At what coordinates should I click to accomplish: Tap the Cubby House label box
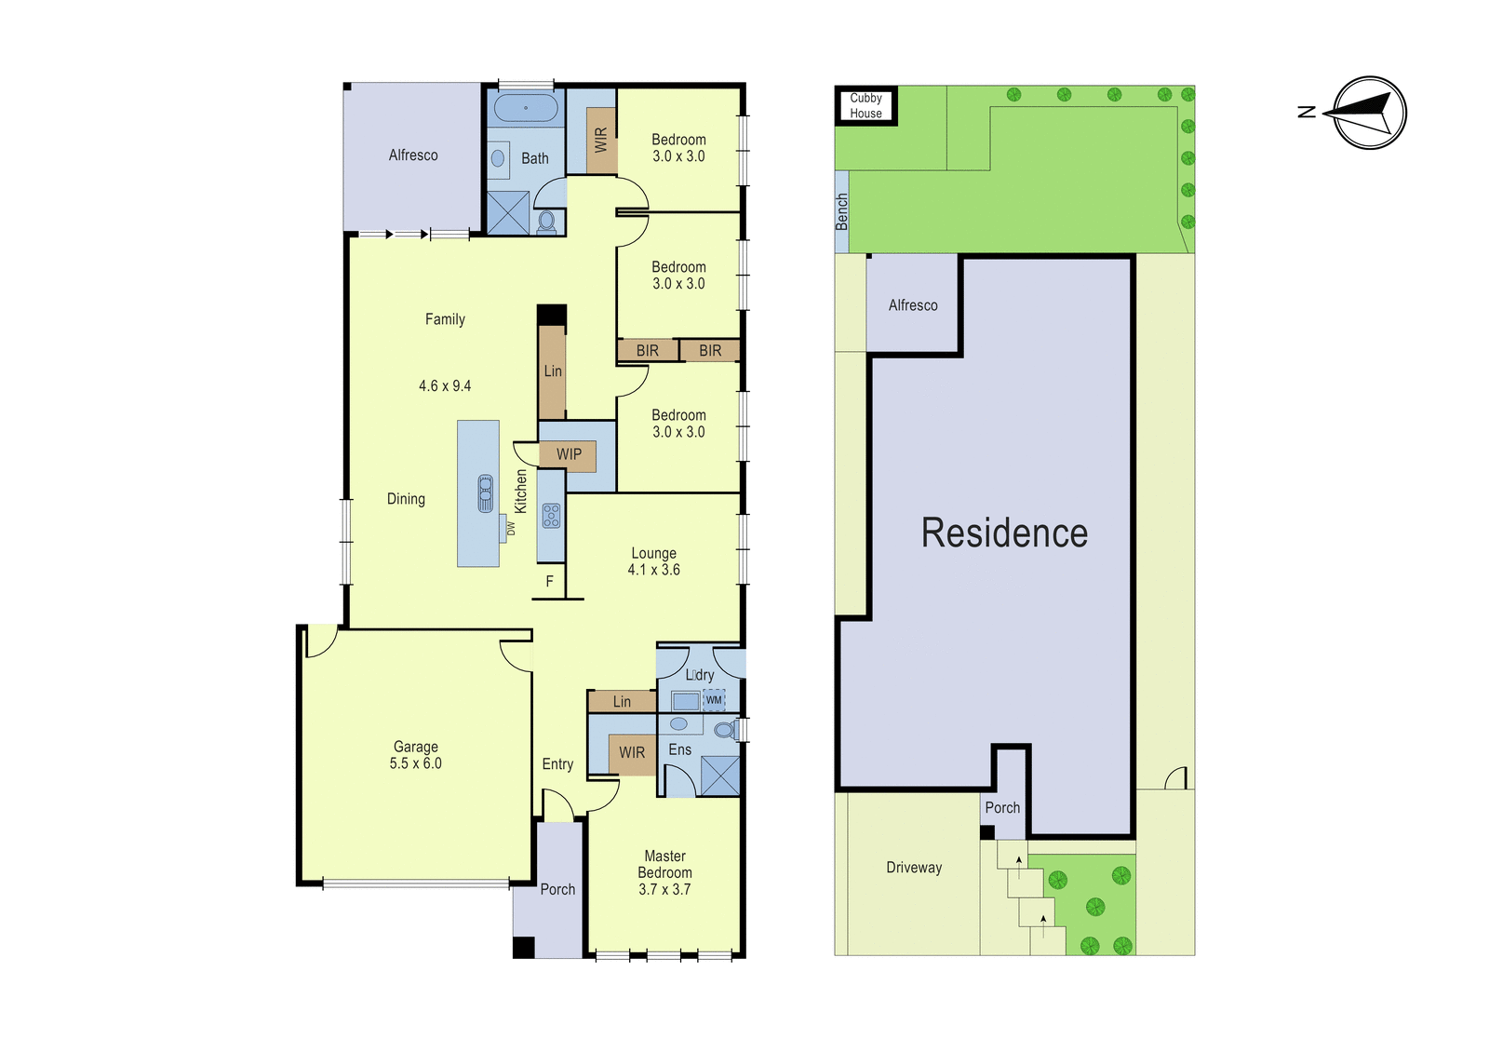[x=866, y=106]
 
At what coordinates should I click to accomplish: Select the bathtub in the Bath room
[x=526, y=108]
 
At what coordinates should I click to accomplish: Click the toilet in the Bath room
[x=546, y=223]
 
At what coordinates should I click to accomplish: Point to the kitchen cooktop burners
[x=551, y=516]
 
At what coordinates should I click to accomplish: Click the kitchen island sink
[x=485, y=492]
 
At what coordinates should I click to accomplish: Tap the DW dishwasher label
[x=511, y=528]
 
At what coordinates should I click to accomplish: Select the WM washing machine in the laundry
[x=713, y=700]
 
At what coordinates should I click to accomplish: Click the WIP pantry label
[x=569, y=454]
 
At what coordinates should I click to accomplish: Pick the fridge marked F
[x=550, y=582]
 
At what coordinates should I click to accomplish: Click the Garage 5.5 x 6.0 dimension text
[x=415, y=763]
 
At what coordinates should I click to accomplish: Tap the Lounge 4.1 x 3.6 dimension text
[x=654, y=570]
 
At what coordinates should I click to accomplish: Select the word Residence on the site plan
[x=1004, y=533]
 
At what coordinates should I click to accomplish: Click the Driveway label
[x=914, y=868]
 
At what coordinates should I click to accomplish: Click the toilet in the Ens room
[x=726, y=730]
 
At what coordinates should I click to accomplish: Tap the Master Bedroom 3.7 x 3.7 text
[x=664, y=872]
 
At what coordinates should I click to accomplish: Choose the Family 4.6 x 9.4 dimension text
[x=445, y=385]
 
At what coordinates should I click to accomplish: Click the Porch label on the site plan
[x=1002, y=807]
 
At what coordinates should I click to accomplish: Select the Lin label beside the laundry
[x=623, y=702]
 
